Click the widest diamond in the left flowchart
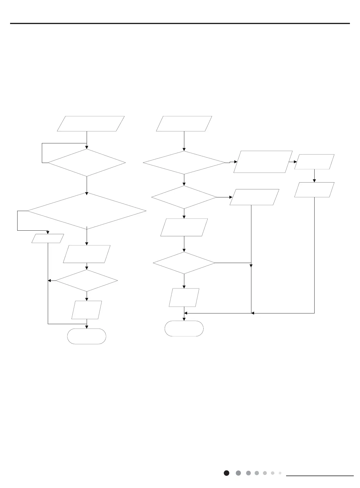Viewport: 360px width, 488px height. coord(87,211)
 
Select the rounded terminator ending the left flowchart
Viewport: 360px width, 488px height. coord(87,336)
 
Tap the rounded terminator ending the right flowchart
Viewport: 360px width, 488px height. coord(184,328)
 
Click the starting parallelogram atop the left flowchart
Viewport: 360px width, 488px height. coord(91,124)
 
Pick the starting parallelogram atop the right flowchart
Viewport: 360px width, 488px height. coord(184,124)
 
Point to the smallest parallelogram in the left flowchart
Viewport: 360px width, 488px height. coord(48,238)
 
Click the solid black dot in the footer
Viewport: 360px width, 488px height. coord(226,473)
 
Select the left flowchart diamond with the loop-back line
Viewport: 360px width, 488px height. coord(87,163)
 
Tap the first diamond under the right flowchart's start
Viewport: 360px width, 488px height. coord(184,163)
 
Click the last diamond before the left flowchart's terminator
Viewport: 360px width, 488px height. coord(87,281)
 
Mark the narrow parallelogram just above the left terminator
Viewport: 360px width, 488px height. coord(87,310)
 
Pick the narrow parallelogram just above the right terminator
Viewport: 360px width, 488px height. coord(184,297)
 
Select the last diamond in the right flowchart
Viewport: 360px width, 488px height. coord(184,263)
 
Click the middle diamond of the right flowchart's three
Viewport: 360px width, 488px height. coord(184,197)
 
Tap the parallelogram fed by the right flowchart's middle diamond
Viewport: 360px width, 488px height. coord(254,197)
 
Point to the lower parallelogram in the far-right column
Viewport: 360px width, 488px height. coord(314,190)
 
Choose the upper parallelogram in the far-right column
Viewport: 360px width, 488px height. coord(314,162)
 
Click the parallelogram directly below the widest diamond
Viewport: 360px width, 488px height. coord(87,254)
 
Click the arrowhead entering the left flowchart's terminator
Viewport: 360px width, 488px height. coord(87,327)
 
